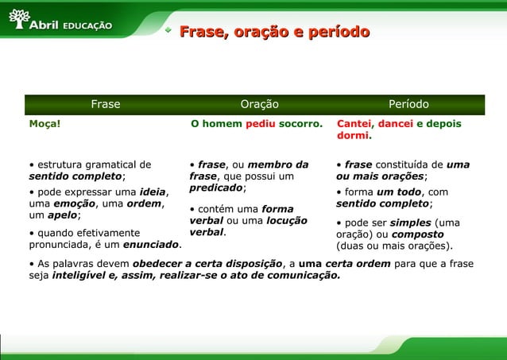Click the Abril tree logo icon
click(x=17, y=20)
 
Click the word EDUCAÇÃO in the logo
click(x=87, y=25)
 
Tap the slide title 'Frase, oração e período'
click(x=274, y=33)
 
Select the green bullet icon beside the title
click(x=168, y=33)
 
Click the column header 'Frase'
click(x=106, y=104)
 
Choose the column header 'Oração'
click(x=260, y=104)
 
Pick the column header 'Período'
click(x=408, y=104)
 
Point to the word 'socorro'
click(x=300, y=124)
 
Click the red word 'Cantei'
click(x=354, y=124)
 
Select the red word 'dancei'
click(x=395, y=124)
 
